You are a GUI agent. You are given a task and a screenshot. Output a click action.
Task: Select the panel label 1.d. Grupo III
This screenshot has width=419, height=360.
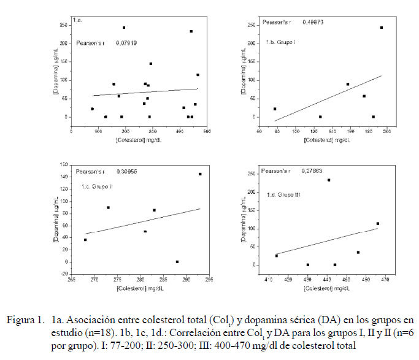(283, 195)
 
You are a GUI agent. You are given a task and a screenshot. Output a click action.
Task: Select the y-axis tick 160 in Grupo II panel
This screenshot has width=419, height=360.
(64, 164)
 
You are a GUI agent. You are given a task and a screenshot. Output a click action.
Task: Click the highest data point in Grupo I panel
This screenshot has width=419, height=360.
(382, 28)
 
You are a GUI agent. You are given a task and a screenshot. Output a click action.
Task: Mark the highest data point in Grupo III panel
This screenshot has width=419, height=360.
(329, 180)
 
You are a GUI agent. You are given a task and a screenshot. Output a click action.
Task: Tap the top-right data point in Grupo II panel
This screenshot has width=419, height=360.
(200, 174)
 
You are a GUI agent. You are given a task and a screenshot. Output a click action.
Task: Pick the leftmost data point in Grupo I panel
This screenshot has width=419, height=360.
(275, 109)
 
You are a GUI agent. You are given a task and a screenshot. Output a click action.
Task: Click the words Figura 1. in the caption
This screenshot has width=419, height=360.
(25, 320)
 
